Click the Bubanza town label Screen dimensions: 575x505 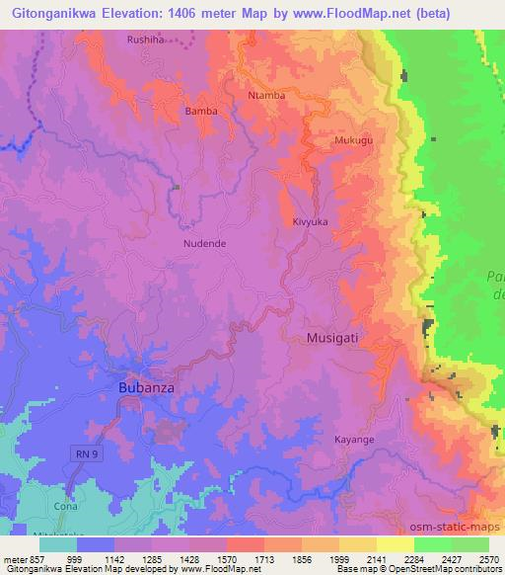point(146,388)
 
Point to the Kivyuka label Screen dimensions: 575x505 point(310,222)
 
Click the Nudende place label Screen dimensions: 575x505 point(204,241)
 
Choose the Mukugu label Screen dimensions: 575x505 point(354,141)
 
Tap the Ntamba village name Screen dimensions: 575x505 point(266,96)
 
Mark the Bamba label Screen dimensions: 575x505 point(201,112)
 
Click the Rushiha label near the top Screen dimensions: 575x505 point(147,40)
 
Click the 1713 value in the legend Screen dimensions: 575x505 point(249,559)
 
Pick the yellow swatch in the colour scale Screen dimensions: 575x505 point(396,544)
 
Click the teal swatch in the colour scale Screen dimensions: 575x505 point(58,544)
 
